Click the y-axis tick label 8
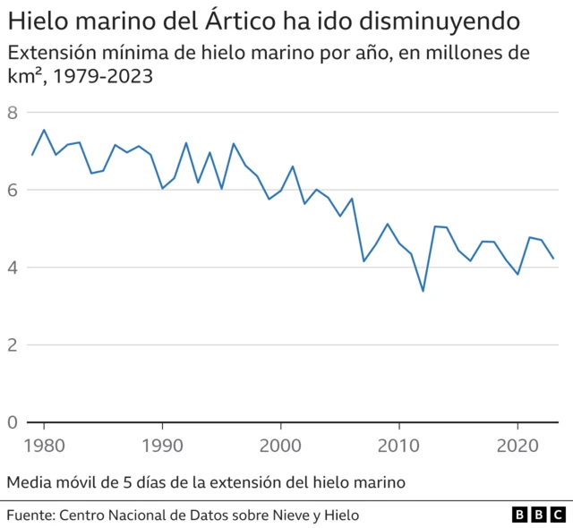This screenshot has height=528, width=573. pyautogui.click(x=13, y=113)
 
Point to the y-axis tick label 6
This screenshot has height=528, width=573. pyautogui.click(x=13, y=190)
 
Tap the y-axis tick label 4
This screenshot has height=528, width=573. pyautogui.click(x=13, y=268)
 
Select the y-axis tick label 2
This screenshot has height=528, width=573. pyautogui.click(x=13, y=345)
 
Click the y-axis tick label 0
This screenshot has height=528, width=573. pyautogui.click(x=13, y=422)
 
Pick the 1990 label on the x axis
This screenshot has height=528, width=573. pyautogui.click(x=162, y=445)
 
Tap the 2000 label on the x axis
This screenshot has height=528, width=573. pyautogui.click(x=281, y=445)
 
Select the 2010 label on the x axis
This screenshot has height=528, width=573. pyautogui.click(x=399, y=445)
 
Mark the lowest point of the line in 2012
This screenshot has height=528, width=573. pyautogui.click(x=423, y=291)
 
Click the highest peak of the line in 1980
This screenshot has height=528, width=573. pyautogui.click(x=44, y=130)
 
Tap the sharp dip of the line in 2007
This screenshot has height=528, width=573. pyautogui.click(x=363, y=260)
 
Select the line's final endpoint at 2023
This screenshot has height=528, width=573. pyautogui.click(x=553, y=258)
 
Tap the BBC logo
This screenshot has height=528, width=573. pyautogui.click(x=539, y=515)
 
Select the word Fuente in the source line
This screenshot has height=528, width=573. pyautogui.click(x=30, y=515)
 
